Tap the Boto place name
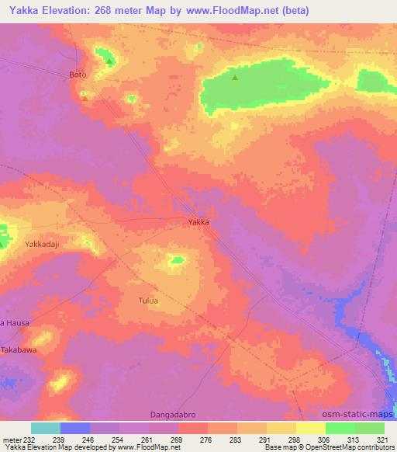coord(77,75)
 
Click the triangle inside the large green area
coord(236,77)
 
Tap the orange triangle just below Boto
coord(85,98)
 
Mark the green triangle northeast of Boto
coord(110,61)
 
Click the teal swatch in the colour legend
coord(46,428)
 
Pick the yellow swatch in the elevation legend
coord(310,428)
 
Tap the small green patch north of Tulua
coord(178,260)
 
